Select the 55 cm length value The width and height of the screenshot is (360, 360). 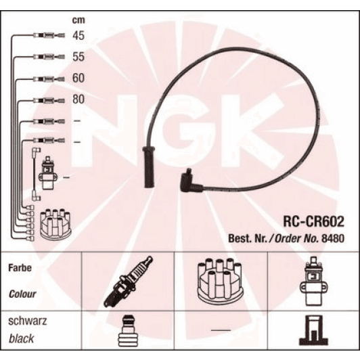(78, 58)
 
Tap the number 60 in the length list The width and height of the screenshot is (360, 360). (78, 78)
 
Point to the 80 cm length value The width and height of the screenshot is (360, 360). (78, 100)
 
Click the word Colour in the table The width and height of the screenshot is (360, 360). (22, 294)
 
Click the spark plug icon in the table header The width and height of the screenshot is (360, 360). (128, 281)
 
